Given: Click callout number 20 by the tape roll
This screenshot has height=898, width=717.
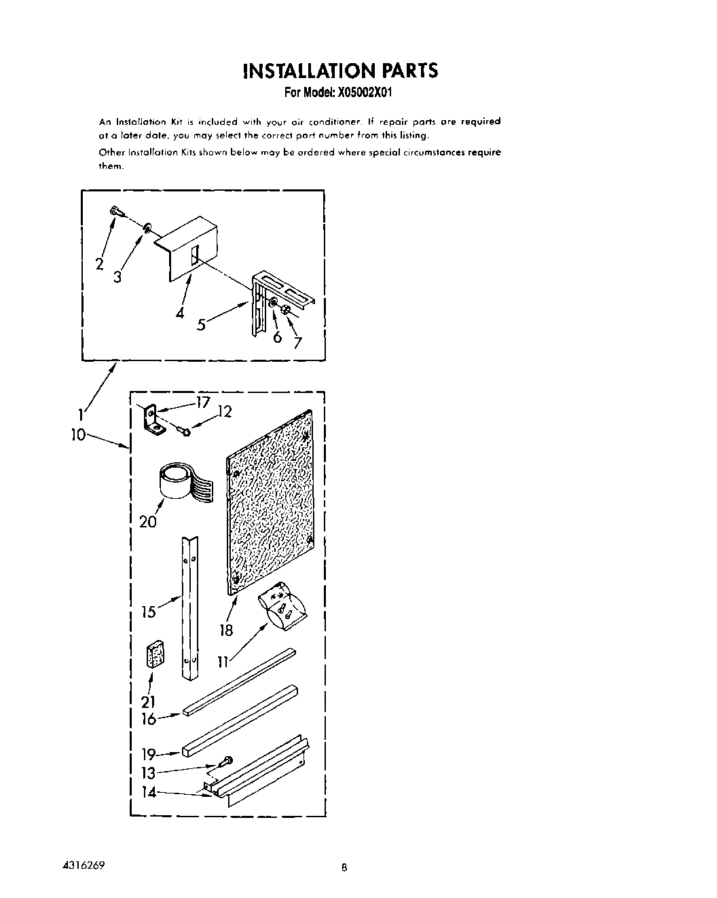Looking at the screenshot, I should coord(148,521).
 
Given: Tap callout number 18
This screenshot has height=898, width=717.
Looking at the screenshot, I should coord(226,631).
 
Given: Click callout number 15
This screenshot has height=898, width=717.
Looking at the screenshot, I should coord(149,612).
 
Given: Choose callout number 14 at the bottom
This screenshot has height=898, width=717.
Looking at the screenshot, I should coord(149,791).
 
